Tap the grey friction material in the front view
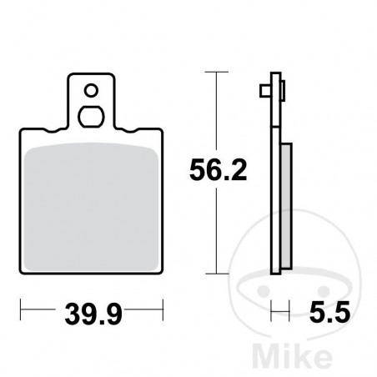[91, 205]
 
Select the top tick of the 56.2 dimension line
[217, 74]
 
